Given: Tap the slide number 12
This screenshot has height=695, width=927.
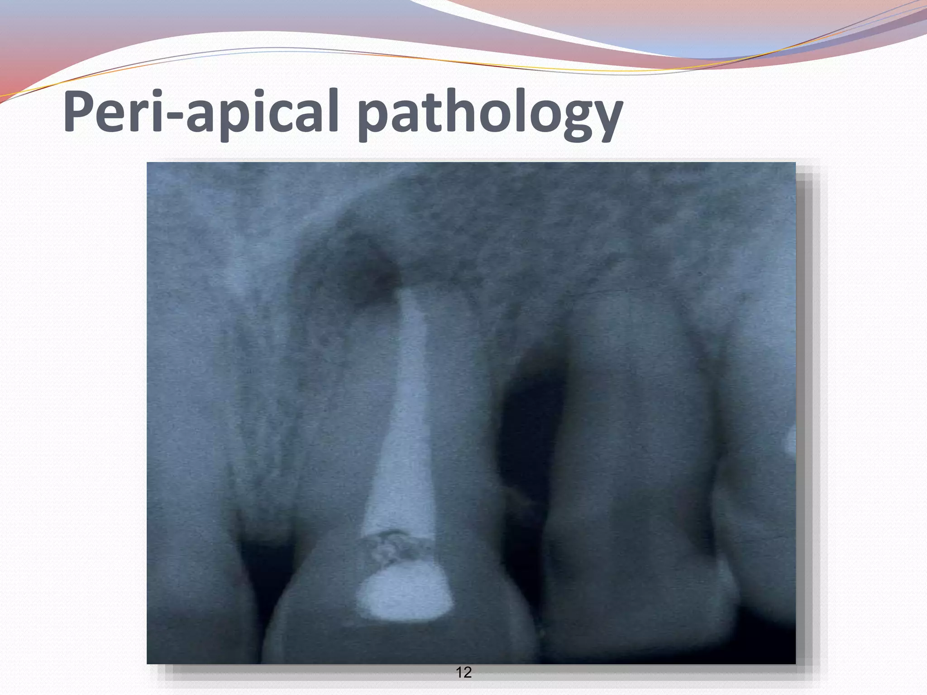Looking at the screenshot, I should point(464,672).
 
